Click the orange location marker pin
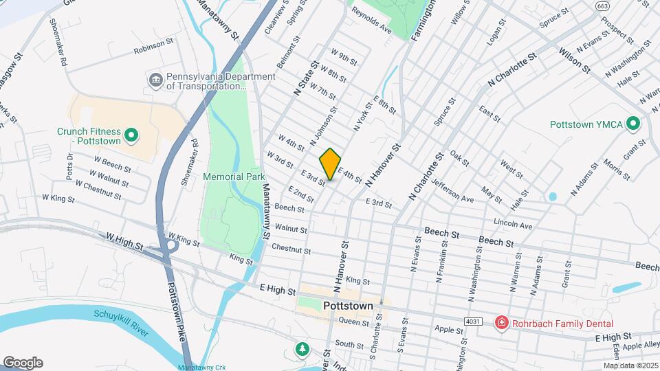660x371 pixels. click(330, 164)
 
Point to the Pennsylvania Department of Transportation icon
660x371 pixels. click(155, 81)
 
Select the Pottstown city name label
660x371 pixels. click(347, 306)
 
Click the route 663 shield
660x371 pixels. click(603, 6)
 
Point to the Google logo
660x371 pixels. click(23, 363)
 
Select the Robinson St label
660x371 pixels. click(153, 46)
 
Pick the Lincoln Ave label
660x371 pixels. click(513, 223)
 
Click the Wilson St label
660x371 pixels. click(575, 59)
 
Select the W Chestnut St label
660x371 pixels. click(98, 190)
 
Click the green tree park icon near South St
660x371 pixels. click(302, 350)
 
